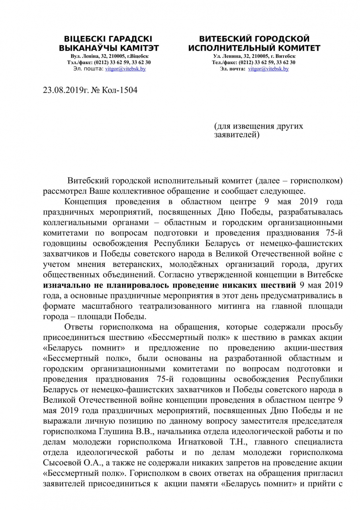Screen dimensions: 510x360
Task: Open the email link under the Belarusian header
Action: (x=125, y=69)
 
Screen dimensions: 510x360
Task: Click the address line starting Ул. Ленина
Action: (x=254, y=57)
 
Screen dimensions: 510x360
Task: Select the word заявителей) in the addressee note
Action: (x=237, y=135)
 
